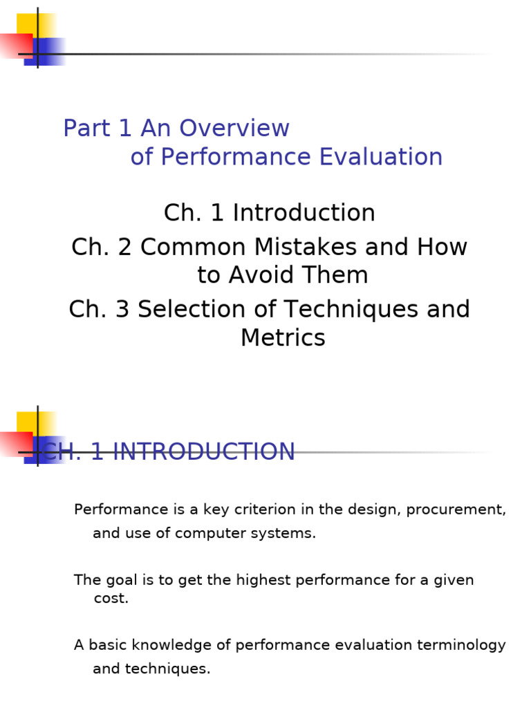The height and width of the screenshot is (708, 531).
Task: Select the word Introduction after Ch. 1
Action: (304, 213)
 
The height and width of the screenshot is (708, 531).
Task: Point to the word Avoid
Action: (265, 275)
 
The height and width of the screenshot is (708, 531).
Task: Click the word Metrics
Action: (283, 338)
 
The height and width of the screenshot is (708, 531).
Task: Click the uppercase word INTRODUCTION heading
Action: (203, 452)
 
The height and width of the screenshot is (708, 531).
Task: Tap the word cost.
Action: (111, 599)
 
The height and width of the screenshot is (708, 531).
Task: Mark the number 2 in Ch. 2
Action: (125, 248)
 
